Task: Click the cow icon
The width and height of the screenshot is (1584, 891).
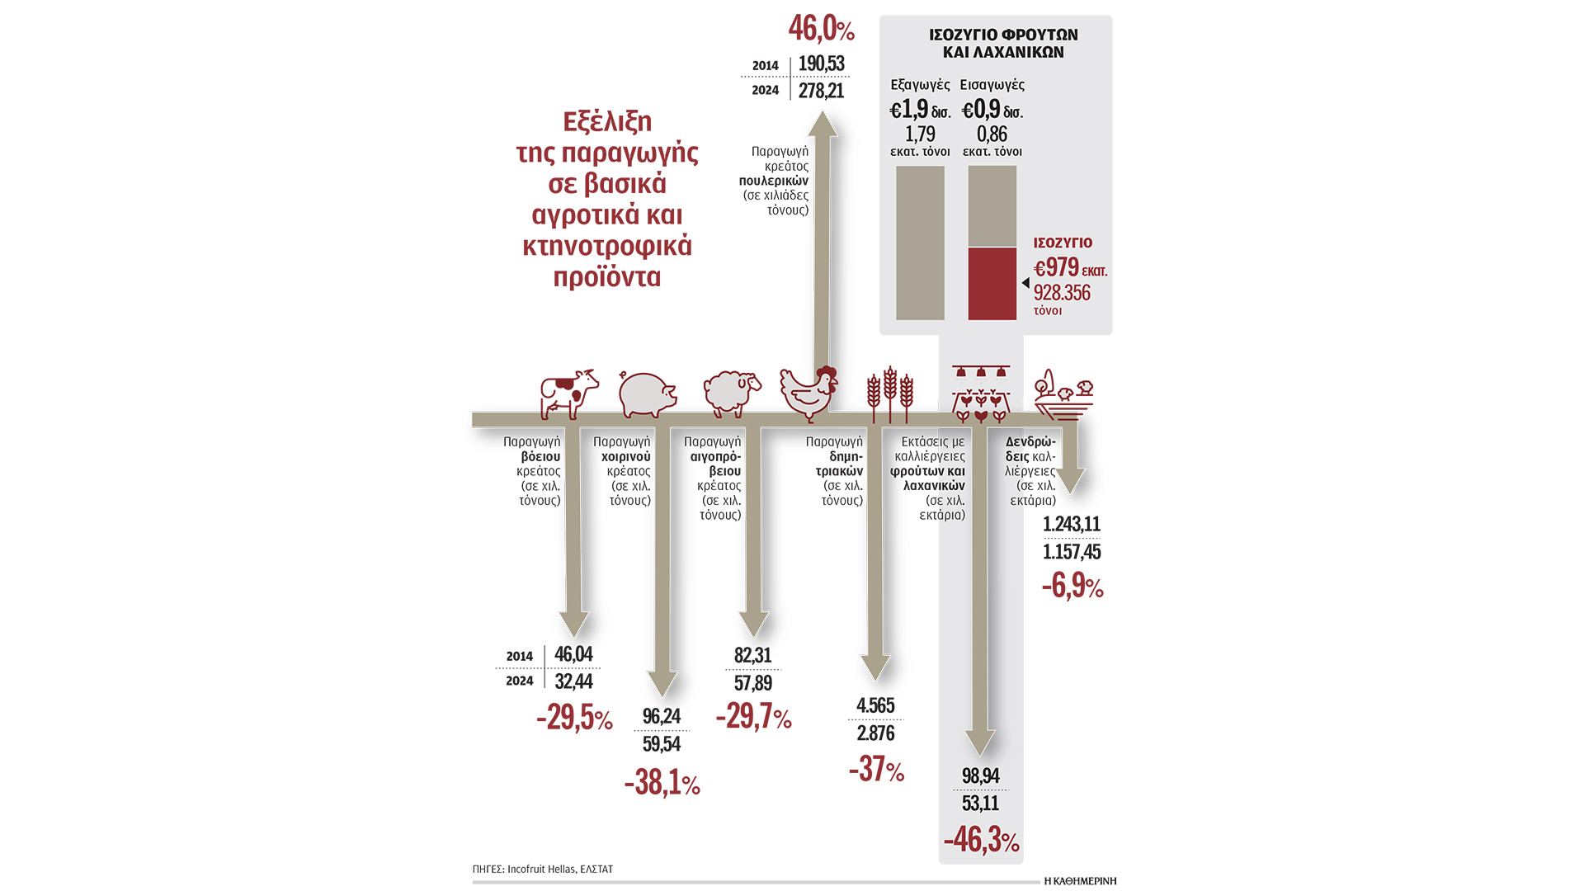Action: coord(568,394)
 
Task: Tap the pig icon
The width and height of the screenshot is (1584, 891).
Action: coord(647,394)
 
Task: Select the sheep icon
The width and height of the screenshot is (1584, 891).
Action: coord(731,393)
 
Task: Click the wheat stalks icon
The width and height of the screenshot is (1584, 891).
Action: coord(889,394)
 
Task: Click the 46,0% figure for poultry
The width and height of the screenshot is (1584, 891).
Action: coord(821,29)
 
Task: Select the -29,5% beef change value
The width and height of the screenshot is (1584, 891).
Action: coord(574,718)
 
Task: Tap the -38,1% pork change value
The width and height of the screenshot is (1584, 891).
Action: coord(662,783)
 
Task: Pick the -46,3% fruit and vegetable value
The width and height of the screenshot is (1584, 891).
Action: coord(980,840)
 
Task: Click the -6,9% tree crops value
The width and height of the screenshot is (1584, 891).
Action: coord(1072,587)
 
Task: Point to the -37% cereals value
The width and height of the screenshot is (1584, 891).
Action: coord(876,770)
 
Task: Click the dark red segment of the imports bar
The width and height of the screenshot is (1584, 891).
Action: coord(992,284)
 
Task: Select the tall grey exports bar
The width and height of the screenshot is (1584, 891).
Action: coord(920,243)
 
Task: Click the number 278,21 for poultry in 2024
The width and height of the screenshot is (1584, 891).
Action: coord(821,90)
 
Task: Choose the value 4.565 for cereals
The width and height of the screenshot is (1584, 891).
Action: coord(875,705)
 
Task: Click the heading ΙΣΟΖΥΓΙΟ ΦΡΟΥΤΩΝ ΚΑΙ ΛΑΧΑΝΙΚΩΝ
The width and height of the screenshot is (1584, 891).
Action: coord(1003,44)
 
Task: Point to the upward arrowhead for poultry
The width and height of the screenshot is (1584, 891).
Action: coord(822,125)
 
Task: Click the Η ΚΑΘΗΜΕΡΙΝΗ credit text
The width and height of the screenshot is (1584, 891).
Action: coord(1079,881)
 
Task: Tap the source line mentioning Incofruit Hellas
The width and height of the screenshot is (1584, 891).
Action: coord(542,869)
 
